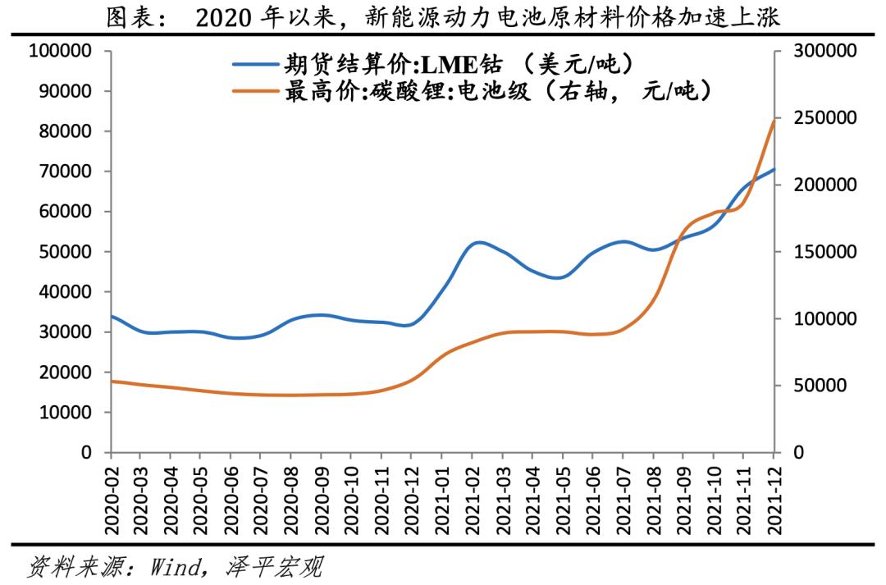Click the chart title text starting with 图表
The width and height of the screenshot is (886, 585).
pos(443,18)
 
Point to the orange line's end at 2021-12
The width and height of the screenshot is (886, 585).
pos(774,121)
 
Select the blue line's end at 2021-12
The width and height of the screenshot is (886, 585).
pos(774,169)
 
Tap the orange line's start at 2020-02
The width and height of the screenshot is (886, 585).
pos(112,381)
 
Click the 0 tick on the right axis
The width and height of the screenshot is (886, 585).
pos(799,453)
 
